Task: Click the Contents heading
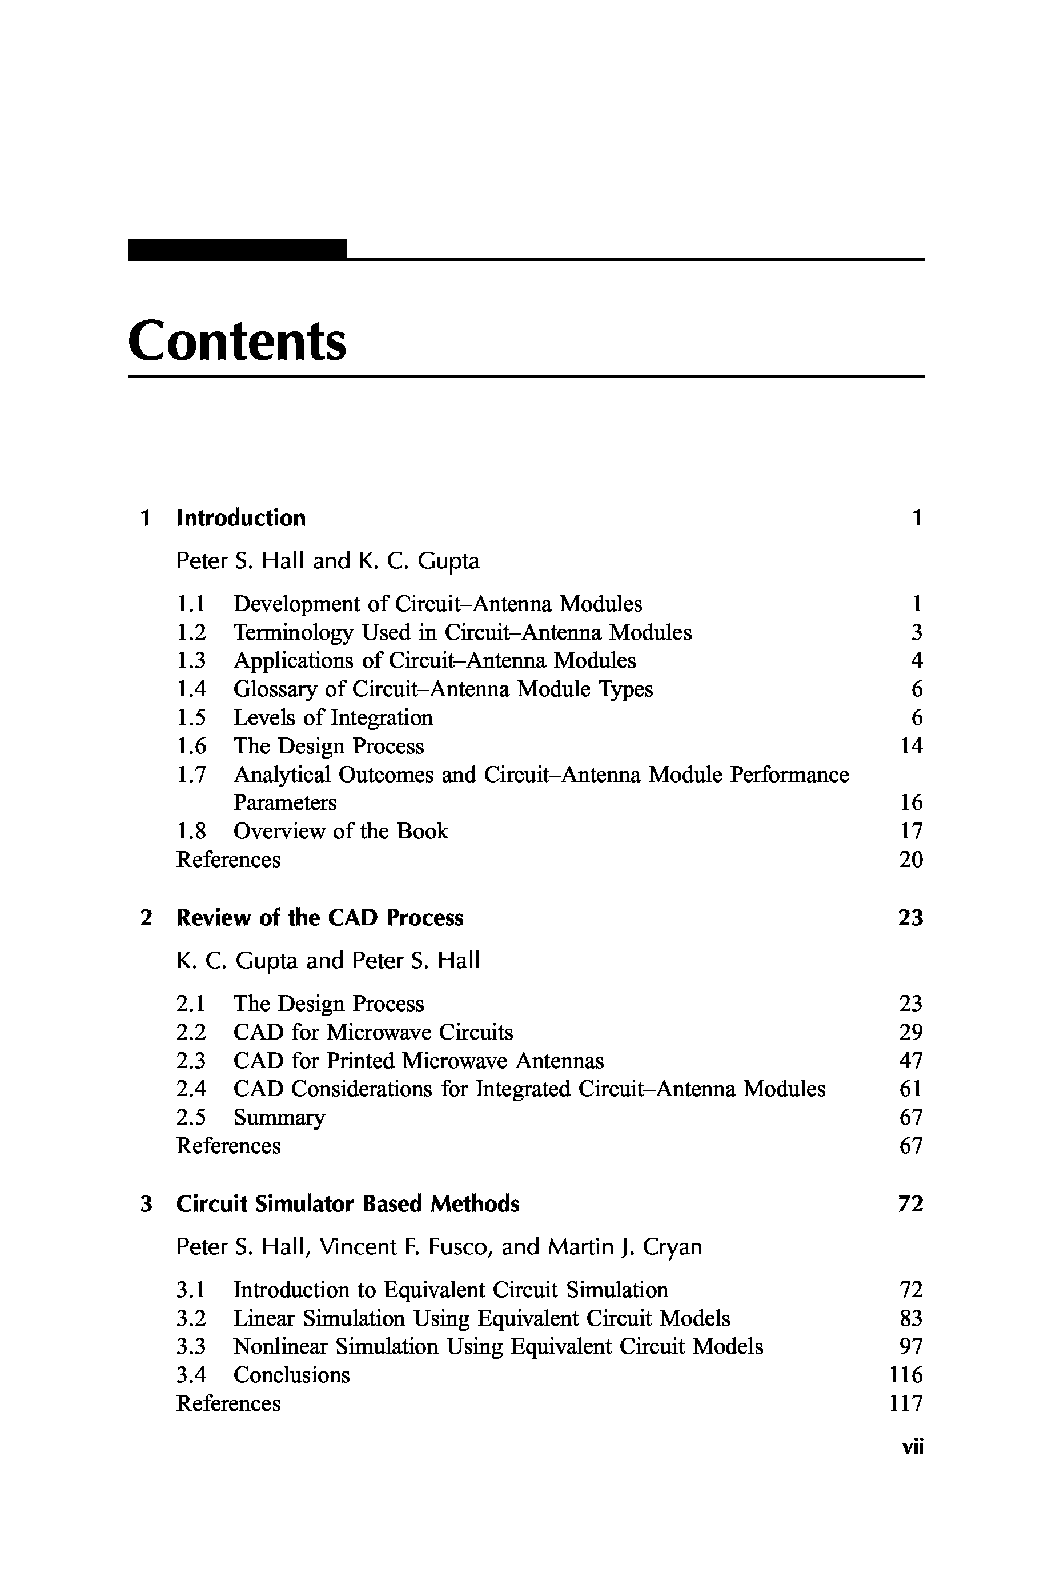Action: click(237, 341)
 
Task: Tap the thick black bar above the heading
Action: click(237, 250)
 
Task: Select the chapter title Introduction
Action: click(241, 518)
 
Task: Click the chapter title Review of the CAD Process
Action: click(319, 917)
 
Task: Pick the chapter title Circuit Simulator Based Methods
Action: click(348, 1204)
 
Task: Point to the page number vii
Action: click(913, 1447)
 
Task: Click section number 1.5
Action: click(191, 717)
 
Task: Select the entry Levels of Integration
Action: click(333, 717)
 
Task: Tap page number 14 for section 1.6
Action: click(911, 745)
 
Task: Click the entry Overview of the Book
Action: click(340, 830)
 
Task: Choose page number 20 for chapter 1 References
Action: click(911, 860)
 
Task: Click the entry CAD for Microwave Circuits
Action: click(373, 1032)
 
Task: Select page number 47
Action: click(911, 1060)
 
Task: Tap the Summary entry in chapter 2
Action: click(279, 1117)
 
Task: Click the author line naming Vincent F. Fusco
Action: click(439, 1247)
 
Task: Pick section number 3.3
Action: click(191, 1346)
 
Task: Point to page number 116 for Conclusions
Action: click(906, 1375)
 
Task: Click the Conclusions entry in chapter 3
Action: click(291, 1375)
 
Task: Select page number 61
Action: click(911, 1089)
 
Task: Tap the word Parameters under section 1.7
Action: click(284, 802)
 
